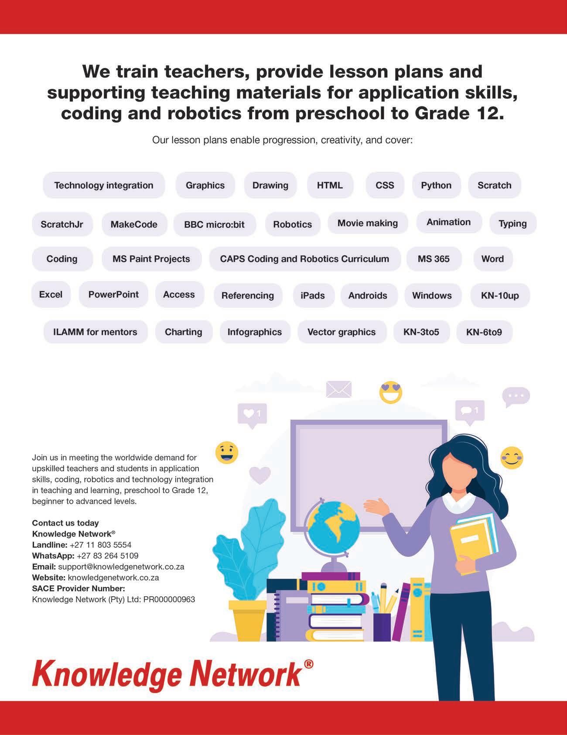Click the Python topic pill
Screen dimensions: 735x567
click(436, 185)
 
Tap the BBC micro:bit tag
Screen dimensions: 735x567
click(214, 224)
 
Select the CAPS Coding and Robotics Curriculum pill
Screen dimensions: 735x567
click(304, 259)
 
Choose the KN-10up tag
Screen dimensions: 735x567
click(500, 295)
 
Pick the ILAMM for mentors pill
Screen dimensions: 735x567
click(95, 332)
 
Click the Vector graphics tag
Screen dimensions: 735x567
click(342, 332)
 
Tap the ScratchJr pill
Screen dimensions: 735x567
click(62, 224)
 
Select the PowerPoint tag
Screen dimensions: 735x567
click(113, 294)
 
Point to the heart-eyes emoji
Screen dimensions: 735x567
click(390, 392)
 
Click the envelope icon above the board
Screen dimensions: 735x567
click(339, 389)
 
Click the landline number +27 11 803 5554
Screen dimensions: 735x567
click(100, 545)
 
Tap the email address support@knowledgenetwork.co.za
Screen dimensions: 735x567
click(121, 567)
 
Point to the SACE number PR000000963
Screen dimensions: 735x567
click(169, 599)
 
